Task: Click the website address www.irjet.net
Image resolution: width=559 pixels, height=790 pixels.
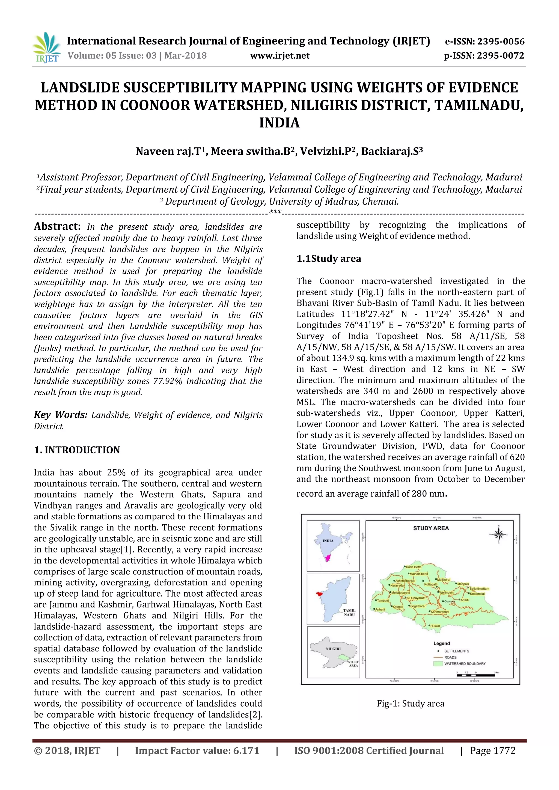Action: click(279, 56)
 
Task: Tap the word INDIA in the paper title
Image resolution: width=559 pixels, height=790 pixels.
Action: click(279, 123)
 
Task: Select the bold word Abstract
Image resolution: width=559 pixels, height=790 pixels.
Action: click(57, 226)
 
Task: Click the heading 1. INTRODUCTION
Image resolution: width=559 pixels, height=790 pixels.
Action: click(77, 450)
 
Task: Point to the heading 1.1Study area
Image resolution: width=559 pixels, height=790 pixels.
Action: click(329, 259)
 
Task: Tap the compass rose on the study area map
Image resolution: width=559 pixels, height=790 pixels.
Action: click(498, 534)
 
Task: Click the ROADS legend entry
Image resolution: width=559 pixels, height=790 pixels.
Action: click(450, 657)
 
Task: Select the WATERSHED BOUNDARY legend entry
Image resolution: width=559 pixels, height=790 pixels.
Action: click(464, 663)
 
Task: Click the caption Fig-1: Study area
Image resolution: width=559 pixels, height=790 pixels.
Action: click(410, 704)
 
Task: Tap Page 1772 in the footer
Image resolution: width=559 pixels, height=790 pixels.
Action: click(493, 751)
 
